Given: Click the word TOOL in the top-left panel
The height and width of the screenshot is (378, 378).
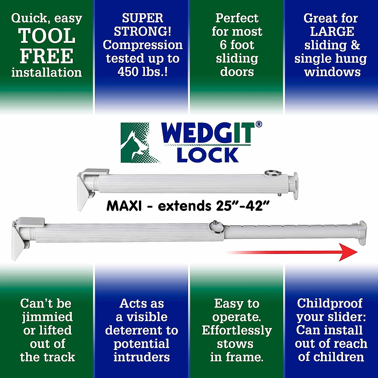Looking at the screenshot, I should pyautogui.click(x=47, y=36).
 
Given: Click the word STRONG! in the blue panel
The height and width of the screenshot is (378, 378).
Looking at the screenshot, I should pyautogui.click(x=142, y=31).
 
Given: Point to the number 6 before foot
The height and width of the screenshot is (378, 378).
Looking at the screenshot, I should pyautogui.click(x=223, y=45).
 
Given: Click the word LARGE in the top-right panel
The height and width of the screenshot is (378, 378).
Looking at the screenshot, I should pyautogui.click(x=332, y=31).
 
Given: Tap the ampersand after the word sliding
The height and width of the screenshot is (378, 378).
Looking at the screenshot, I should pyautogui.click(x=355, y=45).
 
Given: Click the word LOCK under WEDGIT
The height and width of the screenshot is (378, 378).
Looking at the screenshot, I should pyautogui.click(x=208, y=155).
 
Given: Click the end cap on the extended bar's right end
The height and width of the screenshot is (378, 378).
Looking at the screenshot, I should pyautogui.click(x=362, y=233).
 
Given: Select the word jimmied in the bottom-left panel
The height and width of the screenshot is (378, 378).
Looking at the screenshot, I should pyautogui.click(x=47, y=317).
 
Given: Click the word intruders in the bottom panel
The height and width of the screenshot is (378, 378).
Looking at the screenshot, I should pyautogui.click(x=142, y=357).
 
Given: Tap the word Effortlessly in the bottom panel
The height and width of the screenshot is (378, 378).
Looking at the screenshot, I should pyautogui.click(x=237, y=330).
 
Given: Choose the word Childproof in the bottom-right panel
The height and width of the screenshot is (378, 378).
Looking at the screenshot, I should pyautogui.click(x=329, y=303).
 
